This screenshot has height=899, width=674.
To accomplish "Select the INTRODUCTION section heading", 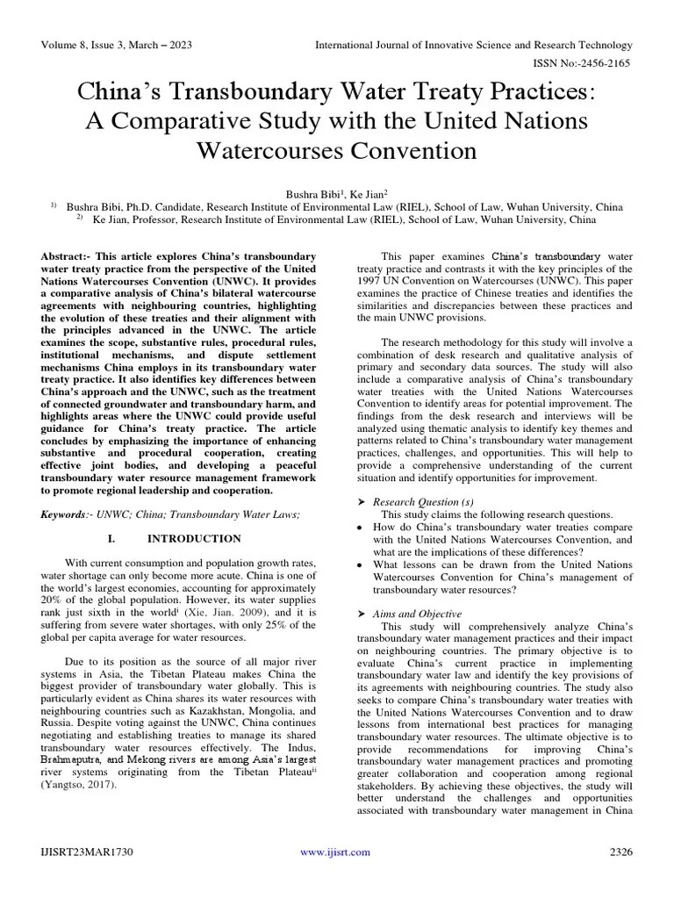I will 194,538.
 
